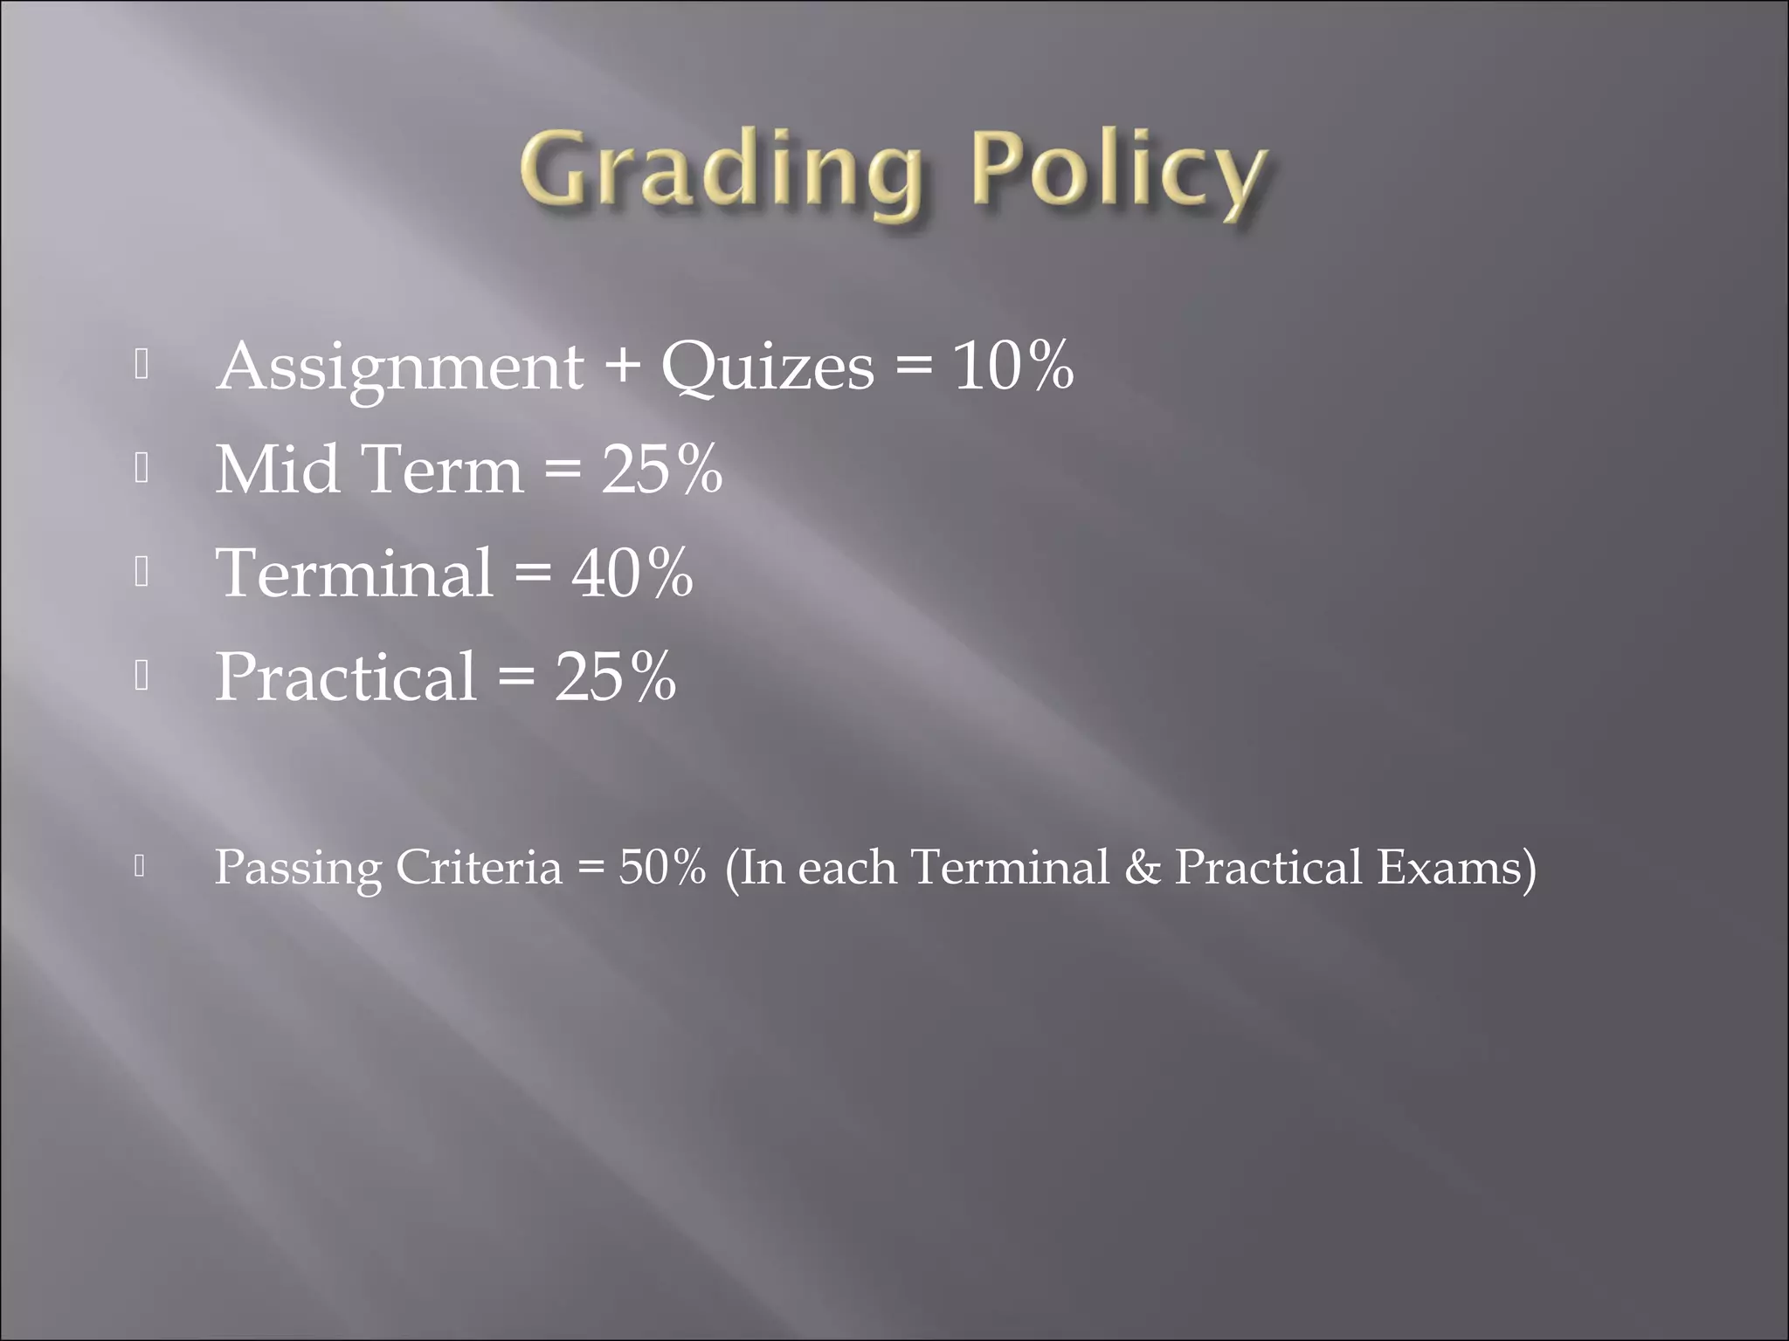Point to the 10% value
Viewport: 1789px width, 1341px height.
pyautogui.click(x=1013, y=366)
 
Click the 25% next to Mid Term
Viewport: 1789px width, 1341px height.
pyautogui.click(x=661, y=470)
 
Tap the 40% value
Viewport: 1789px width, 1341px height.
pyautogui.click(x=632, y=574)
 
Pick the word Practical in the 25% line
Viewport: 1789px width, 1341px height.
pyautogui.click(x=346, y=677)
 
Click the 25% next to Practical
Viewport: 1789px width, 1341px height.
pyautogui.click(x=615, y=677)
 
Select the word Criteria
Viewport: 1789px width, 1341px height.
pyautogui.click(x=479, y=868)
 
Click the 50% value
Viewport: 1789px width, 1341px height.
pyautogui.click(x=661, y=868)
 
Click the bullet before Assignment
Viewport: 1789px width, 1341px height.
pyautogui.click(x=142, y=366)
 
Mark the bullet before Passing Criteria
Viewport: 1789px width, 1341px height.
pyautogui.click(x=140, y=866)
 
